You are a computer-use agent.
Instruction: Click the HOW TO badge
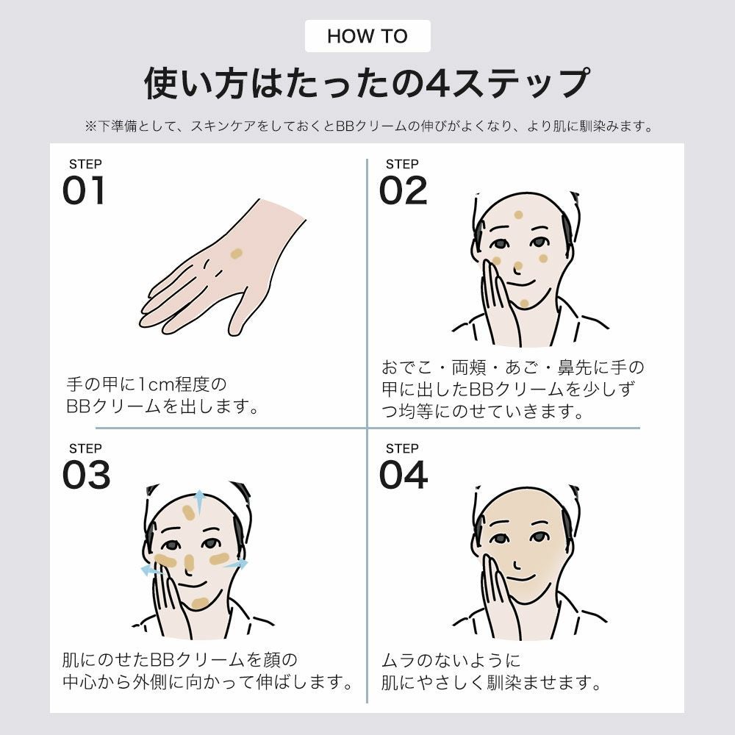pos(367,36)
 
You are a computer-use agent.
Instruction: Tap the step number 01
pos(84,190)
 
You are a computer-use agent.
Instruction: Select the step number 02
pos(403,190)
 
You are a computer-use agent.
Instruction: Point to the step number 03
pos(86,474)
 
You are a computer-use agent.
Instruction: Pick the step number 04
pos(403,474)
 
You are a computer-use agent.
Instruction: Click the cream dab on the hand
pos(236,254)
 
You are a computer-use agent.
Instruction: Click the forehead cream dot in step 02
pos(518,215)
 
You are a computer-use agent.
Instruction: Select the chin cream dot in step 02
pos(524,304)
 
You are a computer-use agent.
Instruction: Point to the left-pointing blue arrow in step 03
pos(151,570)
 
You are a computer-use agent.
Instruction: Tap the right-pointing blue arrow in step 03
pos(237,564)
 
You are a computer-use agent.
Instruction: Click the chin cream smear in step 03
pos(200,603)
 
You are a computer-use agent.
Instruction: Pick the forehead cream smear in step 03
pos(189,513)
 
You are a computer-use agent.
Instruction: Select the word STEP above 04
pos(402,448)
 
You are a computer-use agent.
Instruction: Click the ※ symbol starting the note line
pos(90,126)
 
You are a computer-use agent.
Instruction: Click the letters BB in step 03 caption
pos(162,660)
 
